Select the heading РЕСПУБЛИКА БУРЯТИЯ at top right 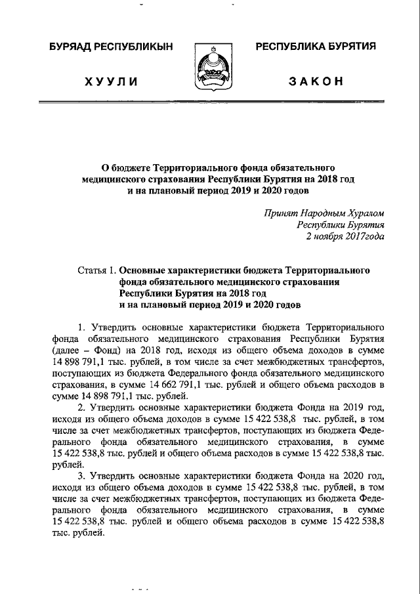(x=315, y=47)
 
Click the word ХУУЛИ (x=111, y=81)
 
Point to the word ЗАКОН (x=315, y=81)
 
